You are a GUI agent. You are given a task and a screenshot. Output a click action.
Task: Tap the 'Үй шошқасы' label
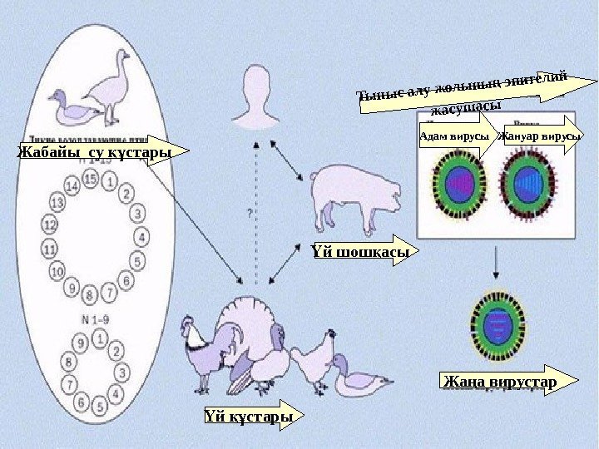pyautogui.click(x=359, y=251)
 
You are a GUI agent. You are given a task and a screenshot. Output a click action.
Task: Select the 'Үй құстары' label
pyautogui.click(x=250, y=414)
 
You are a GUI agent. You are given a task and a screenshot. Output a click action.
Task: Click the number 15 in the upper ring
pyautogui.click(x=90, y=180)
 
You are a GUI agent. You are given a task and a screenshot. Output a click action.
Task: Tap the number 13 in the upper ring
pyautogui.click(x=57, y=202)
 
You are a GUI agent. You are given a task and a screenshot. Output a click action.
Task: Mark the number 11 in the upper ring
pyautogui.click(x=49, y=248)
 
